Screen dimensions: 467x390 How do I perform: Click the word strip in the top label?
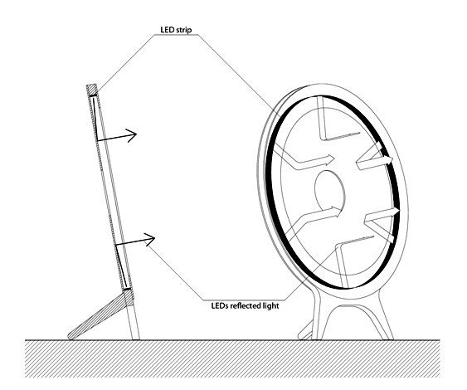(184, 30)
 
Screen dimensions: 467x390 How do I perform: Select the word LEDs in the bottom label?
(220, 305)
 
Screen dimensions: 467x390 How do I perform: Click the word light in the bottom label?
(271, 306)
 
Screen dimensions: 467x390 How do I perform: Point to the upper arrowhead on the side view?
(132, 135)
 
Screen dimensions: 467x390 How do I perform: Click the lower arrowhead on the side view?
(150, 238)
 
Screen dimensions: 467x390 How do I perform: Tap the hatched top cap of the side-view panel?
(92, 90)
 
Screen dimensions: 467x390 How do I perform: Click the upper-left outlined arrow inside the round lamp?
(301, 159)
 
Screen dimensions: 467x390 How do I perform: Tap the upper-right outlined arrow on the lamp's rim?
(376, 157)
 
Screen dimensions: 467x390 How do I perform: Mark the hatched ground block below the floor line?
(232, 358)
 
